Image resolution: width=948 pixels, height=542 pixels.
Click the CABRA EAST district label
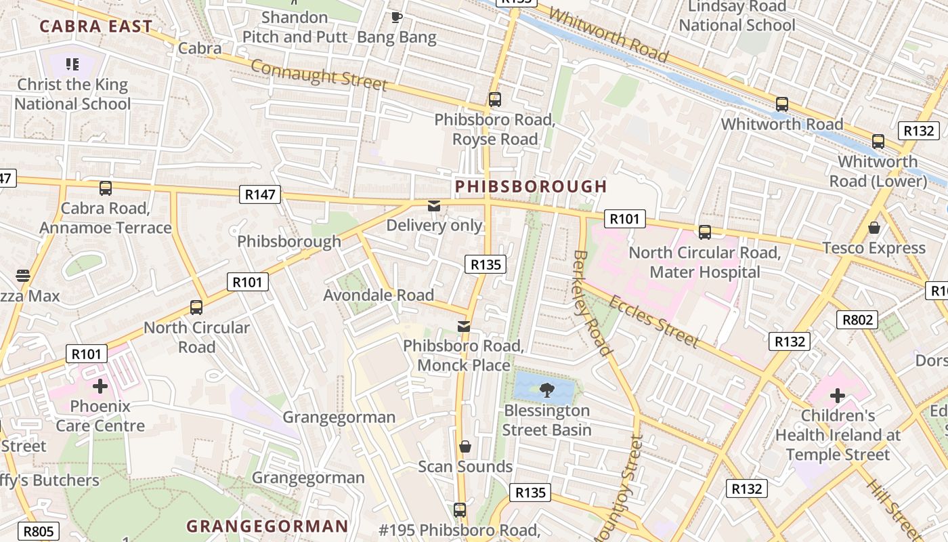click(95, 26)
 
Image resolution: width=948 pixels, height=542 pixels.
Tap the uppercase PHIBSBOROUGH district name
click(531, 186)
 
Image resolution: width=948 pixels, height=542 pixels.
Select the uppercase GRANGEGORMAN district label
click(267, 526)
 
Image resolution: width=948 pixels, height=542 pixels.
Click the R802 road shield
click(857, 320)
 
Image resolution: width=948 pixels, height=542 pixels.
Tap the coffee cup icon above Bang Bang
click(397, 17)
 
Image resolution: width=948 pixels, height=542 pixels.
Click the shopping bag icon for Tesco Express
click(874, 228)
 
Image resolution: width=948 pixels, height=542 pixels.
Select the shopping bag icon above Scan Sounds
click(465, 446)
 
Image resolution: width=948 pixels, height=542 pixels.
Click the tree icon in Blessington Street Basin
click(547, 390)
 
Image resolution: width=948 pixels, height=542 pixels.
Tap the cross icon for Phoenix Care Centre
click(100, 386)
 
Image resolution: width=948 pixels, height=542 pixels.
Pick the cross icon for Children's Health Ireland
click(838, 395)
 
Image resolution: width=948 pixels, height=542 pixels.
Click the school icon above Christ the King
click(72, 64)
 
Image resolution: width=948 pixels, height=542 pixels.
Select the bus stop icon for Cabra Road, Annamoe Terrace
click(106, 188)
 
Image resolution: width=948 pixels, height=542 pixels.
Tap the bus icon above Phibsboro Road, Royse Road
click(495, 100)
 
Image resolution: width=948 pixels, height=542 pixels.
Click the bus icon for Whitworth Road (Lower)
click(878, 142)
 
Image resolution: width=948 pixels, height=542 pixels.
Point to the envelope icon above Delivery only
click(434, 205)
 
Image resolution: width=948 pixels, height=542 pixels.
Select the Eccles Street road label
click(653, 321)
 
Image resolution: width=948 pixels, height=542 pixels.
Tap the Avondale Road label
click(379, 295)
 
